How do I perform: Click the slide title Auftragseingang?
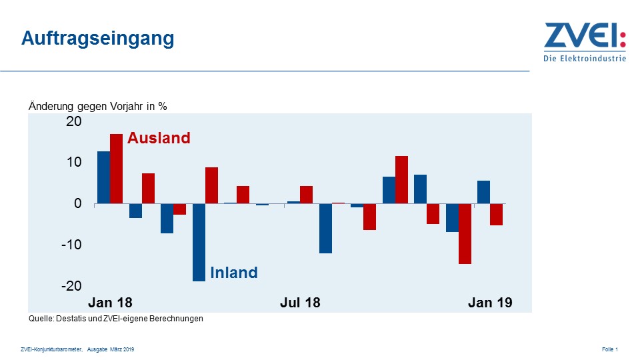click(x=97, y=38)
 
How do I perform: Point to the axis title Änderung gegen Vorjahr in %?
click(x=97, y=106)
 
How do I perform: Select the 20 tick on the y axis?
click(x=73, y=121)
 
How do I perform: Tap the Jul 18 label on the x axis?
click(x=300, y=303)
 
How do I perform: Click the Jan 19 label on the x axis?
click(x=490, y=303)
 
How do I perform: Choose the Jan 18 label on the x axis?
click(x=111, y=303)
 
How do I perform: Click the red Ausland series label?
click(x=159, y=138)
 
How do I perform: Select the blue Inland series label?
click(x=233, y=273)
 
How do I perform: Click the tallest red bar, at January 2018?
click(x=117, y=169)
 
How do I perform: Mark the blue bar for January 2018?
click(x=103, y=177)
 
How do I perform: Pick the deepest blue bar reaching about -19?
click(x=199, y=242)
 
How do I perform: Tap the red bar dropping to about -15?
click(x=465, y=233)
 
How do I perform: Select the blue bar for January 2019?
click(x=483, y=192)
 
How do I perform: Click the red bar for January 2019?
click(x=496, y=214)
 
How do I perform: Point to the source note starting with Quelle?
click(x=116, y=319)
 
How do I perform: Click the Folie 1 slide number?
click(x=610, y=349)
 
